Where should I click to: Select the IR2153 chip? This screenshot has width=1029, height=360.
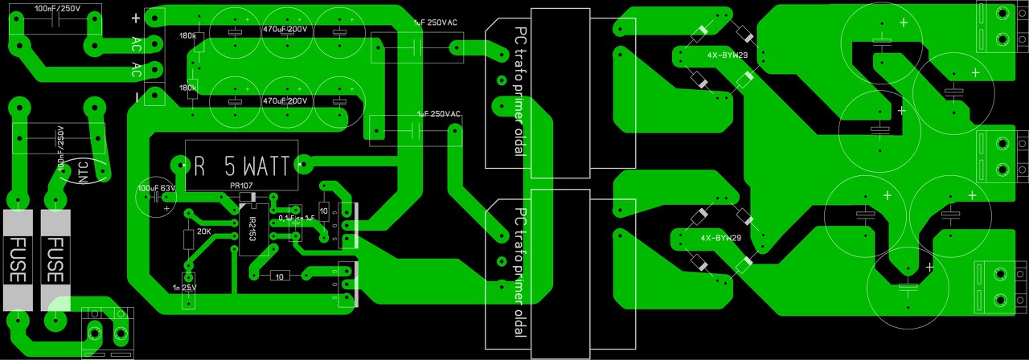point(251,228)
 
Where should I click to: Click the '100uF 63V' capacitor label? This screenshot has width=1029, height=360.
point(157,188)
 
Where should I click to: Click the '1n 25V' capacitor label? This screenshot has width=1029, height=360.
point(184,287)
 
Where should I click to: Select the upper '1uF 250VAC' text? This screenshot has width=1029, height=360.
point(435,22)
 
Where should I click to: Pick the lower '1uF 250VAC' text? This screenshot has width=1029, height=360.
point(438,114)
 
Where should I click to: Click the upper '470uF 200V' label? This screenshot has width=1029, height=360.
point(285,30)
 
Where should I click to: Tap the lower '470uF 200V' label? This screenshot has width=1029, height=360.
point(285,101)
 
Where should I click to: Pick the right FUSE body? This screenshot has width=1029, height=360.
point(55,259)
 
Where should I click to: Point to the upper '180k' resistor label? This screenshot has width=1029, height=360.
point(188,36)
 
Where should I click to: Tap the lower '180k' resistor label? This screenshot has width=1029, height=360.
point(188,88)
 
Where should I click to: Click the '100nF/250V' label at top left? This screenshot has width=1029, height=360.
point(58,7)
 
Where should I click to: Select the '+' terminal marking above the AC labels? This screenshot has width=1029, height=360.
point(136,18)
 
